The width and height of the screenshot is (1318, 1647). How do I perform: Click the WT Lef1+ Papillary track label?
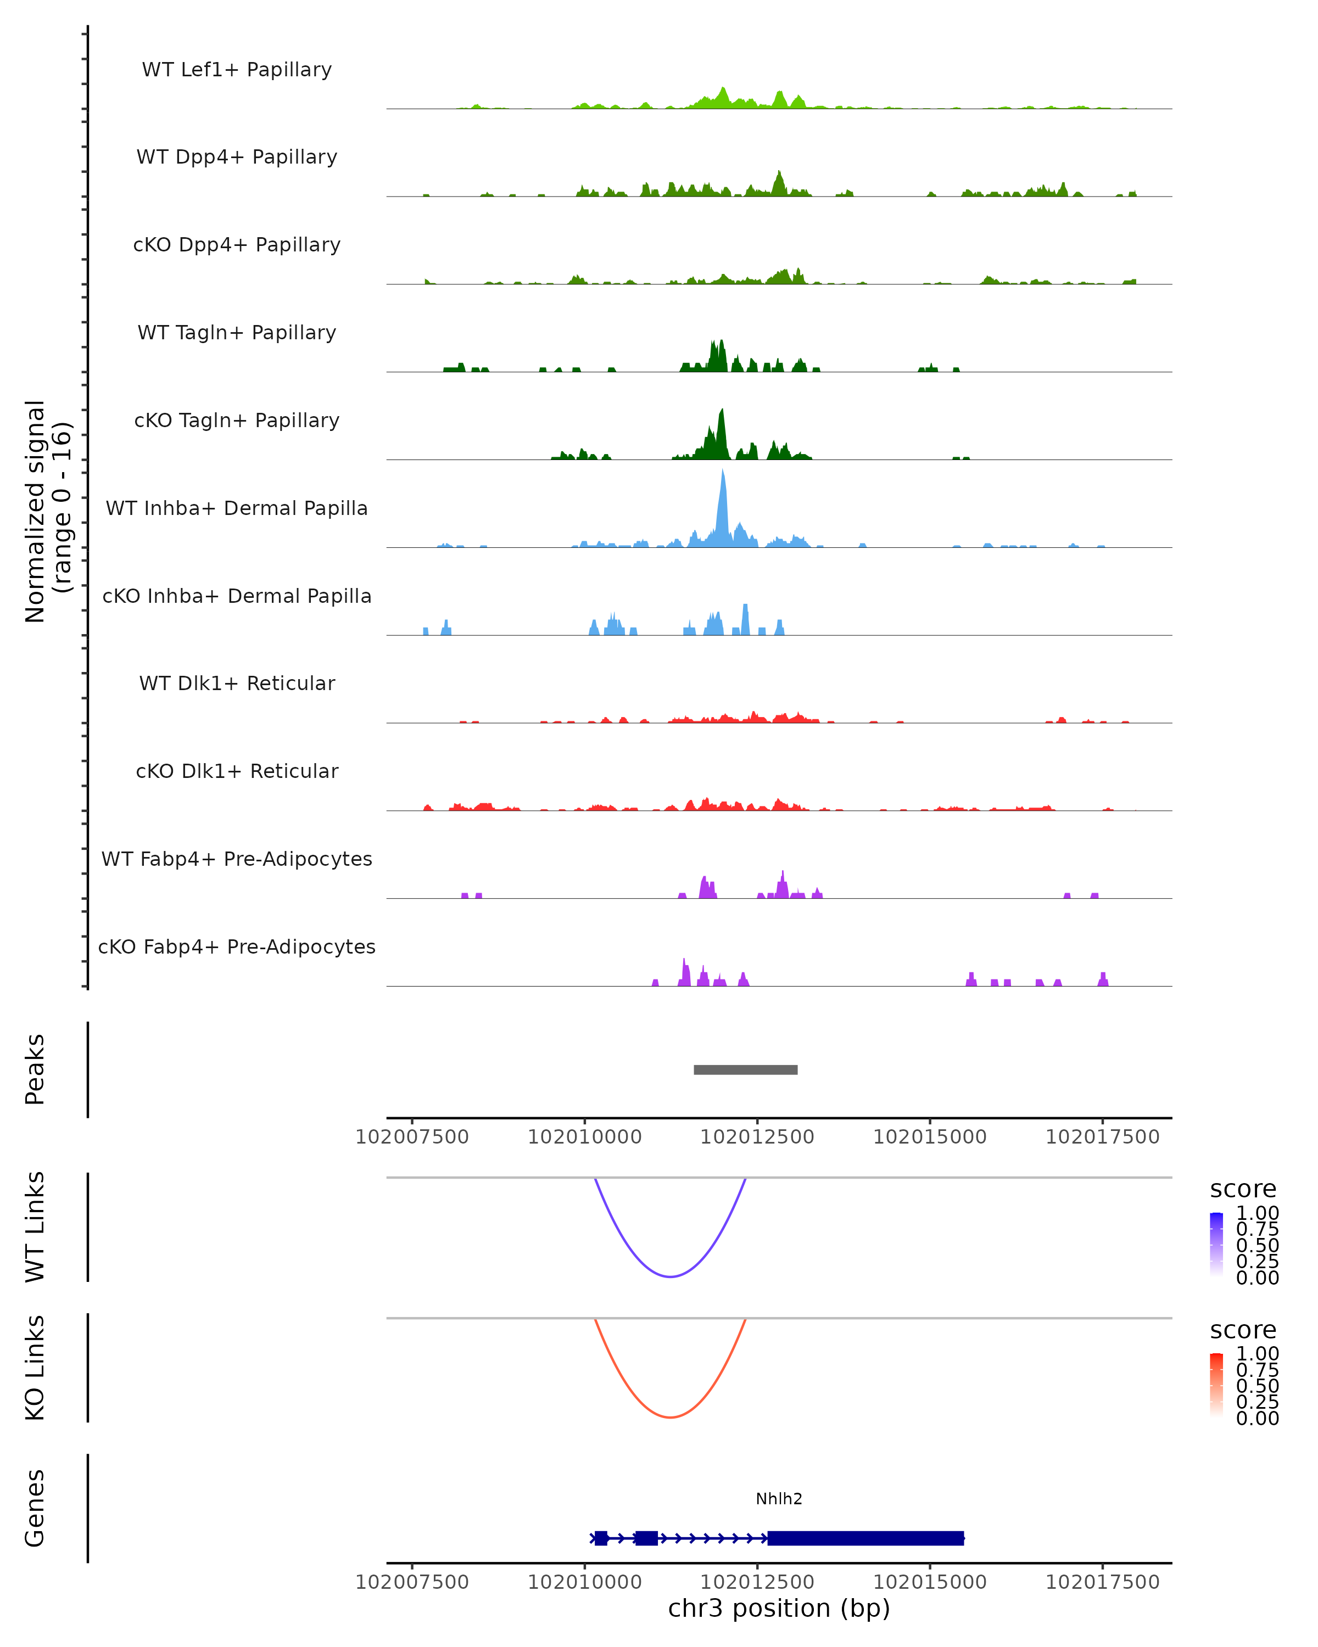tap(237, 70)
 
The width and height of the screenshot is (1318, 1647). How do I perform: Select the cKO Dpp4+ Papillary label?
tap(237, 245)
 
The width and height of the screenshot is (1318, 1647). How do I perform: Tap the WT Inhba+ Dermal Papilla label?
tap(237, 509)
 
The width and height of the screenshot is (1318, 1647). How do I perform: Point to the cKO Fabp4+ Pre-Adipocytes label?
tap(237, 947)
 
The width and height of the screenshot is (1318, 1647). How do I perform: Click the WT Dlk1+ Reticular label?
tap(237, 684)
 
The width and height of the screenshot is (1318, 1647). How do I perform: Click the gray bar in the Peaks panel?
tap(745, 1070)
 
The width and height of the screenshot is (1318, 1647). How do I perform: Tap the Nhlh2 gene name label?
tap(779, 1499)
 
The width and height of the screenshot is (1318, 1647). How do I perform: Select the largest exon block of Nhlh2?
tap(865, 1538)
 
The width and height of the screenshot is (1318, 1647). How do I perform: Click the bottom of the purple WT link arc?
tap(670, 1276)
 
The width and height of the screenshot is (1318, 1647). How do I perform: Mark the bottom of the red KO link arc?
tap(670, 1417)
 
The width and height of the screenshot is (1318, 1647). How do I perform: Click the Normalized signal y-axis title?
tap(47, 511)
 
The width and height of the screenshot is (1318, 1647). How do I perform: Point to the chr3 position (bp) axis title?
tap(779, 1609)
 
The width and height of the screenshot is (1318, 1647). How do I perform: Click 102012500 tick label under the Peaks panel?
tap(757, 1138)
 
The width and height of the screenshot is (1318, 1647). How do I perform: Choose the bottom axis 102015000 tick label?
tap(930, 1582)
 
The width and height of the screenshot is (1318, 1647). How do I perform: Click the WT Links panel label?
tap(35, 1227)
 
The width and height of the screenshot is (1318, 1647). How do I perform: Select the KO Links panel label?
tap(35, 1368)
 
